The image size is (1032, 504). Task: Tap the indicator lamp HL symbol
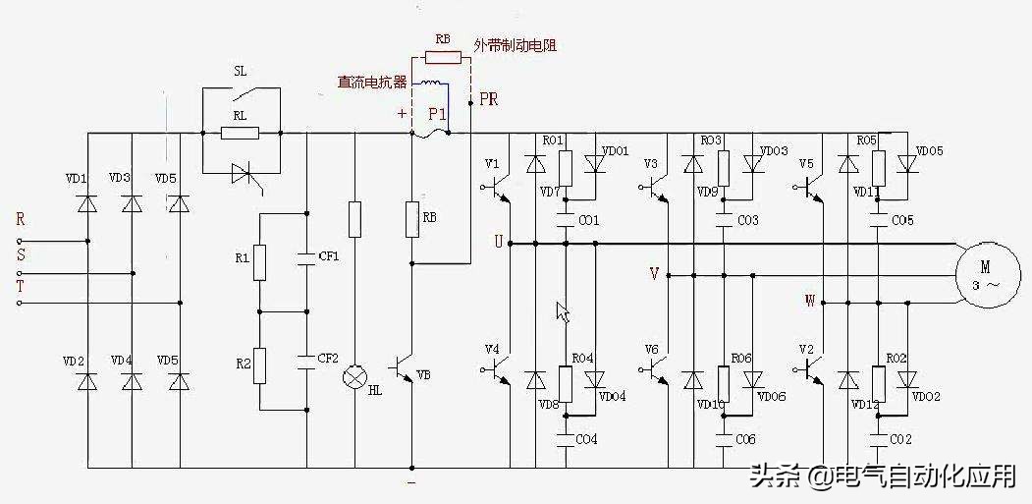[x=353, y=377]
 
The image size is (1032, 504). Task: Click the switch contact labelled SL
[x=242, y=96]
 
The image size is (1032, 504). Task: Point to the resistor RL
[x=240, y=133]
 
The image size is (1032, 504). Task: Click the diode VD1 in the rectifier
[x=88, y=203]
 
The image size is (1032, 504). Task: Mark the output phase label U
[x=498, y=242]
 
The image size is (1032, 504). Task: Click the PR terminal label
[x=488, y=99]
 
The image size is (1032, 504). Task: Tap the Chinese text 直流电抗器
[x=372, y=83]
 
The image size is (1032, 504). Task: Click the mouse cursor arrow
[x=563, y=311]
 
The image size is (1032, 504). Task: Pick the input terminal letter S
[x=21, y=254]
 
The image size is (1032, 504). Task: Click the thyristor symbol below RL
[x=241, y=174]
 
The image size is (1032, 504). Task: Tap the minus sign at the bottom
[x=411, y=482]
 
